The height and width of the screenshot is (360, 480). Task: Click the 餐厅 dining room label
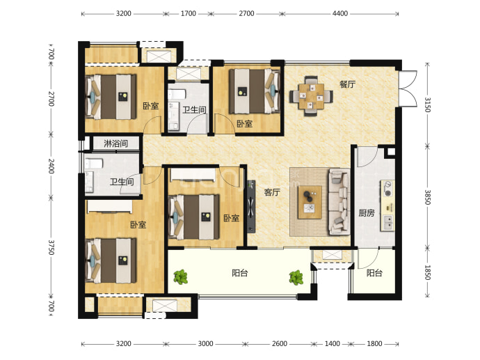coord(347,84)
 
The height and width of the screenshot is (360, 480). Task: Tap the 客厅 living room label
coord(272,192)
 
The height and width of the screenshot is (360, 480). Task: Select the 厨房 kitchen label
coord(367,212)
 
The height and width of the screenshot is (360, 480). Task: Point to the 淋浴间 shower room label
coord(115,143)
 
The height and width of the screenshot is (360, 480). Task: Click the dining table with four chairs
coord(312,96)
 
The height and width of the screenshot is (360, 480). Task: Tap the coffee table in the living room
coord(310,202)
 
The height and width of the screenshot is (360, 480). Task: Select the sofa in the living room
coord(339,201)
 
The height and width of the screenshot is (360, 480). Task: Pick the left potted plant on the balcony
coord(181,277)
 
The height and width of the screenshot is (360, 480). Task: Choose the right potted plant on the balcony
coord(296,278)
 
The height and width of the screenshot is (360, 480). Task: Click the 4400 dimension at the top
coord(340,13)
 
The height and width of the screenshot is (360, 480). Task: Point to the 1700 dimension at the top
coord(189,13)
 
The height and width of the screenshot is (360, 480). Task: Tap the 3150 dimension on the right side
coord(427,104)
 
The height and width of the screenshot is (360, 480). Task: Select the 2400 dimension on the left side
coord(51,166)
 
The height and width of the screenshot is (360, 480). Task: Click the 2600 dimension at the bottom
coord(280,344)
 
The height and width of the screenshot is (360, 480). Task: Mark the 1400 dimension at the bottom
coord(332,344)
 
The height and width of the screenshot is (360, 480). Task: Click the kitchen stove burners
coord(388,189)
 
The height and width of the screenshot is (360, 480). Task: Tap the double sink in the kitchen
coord(388,223)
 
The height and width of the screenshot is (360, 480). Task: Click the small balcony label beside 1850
coord(374,273)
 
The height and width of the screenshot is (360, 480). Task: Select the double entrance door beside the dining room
coord(408,89)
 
